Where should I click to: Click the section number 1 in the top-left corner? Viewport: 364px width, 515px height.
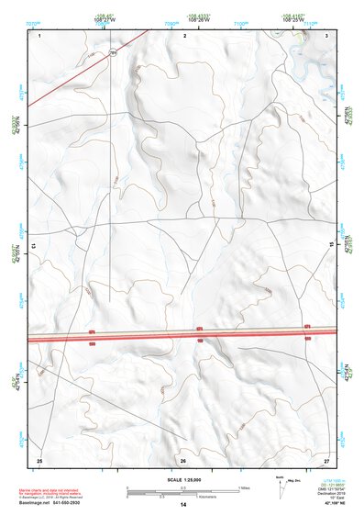41,34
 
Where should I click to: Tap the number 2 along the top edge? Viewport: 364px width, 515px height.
185,34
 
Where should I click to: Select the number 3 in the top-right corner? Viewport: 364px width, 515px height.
327,34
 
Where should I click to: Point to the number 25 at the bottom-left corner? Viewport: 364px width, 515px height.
39,459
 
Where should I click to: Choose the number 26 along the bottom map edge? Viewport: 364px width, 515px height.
183,460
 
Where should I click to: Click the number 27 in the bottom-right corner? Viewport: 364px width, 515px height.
326,459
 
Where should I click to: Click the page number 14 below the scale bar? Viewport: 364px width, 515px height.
183,506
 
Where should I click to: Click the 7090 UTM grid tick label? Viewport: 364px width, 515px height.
171,22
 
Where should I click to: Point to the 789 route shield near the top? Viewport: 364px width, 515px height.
114,54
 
